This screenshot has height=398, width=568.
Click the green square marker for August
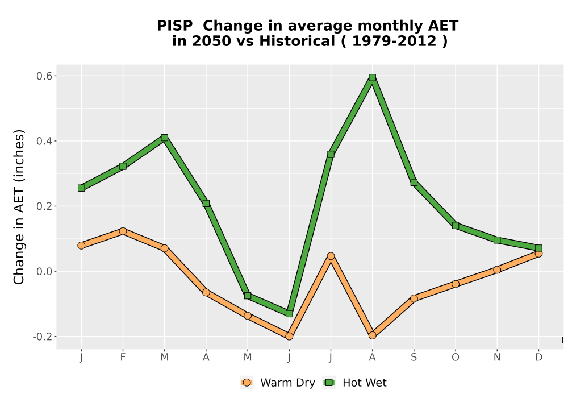(373, 77)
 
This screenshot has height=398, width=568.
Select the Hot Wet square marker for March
(165, 138)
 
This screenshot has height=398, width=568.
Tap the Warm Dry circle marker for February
(123, 231)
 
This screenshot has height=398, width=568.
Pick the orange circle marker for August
(373, 335)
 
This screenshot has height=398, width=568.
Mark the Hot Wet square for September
(414, 183)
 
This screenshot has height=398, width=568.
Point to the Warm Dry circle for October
(456, 284)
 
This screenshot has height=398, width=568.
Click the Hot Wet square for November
(497, 240)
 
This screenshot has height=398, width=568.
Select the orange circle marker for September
(414, 298)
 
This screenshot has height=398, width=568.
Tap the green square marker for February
(123, 167)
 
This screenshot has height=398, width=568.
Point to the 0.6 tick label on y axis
(44, 76)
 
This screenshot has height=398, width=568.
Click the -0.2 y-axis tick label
(43, 337)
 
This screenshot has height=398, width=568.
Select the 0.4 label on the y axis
(44, 141)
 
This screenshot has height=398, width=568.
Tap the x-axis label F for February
(123, 358)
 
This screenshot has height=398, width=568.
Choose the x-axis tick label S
(414, 358)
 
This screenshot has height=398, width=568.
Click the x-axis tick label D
(538, 358)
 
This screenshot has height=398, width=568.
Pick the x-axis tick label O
(456, 358)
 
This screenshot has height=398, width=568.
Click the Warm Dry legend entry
(278, 383)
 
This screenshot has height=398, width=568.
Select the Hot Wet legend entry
(354, 383)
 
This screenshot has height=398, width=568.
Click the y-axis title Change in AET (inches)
(19, 206)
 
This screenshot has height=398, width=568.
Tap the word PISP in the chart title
(174, 26)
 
